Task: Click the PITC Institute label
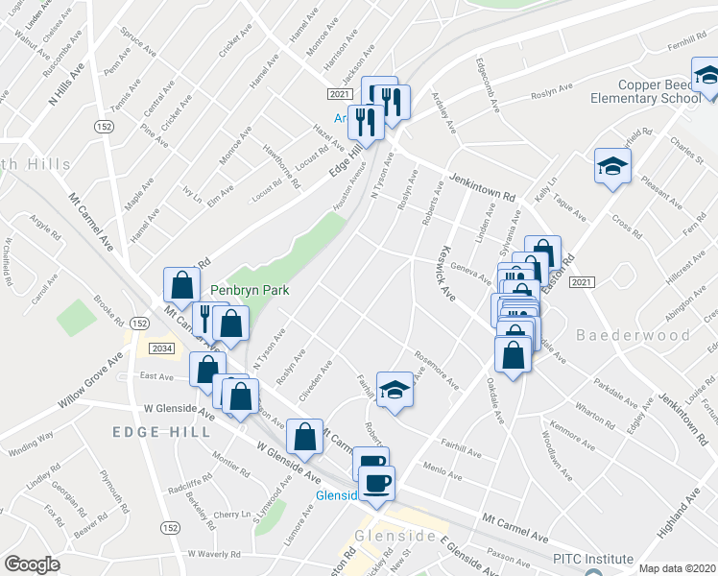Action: [x=592, y=559]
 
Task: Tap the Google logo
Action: [x=31, y=564]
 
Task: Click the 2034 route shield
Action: [x=162, y=348]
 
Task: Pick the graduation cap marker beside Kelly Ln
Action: [x=611, y=169]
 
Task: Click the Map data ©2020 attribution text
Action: [x=676, y=568]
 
